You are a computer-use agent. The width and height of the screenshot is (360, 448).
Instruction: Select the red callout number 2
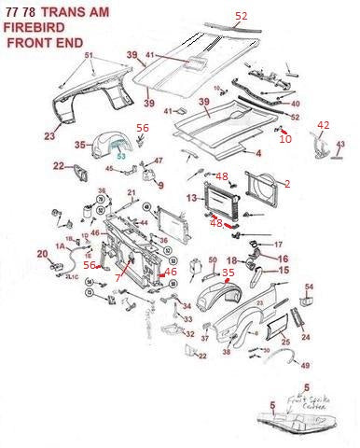287,184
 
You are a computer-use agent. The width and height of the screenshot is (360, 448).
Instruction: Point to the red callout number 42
324,125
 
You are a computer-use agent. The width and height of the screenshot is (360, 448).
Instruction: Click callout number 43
340,145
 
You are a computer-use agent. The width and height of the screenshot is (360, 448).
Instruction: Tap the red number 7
118,279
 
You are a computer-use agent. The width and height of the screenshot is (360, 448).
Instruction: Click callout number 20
42,254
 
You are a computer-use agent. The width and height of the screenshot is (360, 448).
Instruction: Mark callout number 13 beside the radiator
191,199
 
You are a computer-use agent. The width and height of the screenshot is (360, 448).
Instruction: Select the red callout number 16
284,259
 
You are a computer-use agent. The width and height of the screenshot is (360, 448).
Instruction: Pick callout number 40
296,104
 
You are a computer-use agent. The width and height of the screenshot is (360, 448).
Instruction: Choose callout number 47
158,161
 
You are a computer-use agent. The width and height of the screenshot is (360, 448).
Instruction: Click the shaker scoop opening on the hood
198,63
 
